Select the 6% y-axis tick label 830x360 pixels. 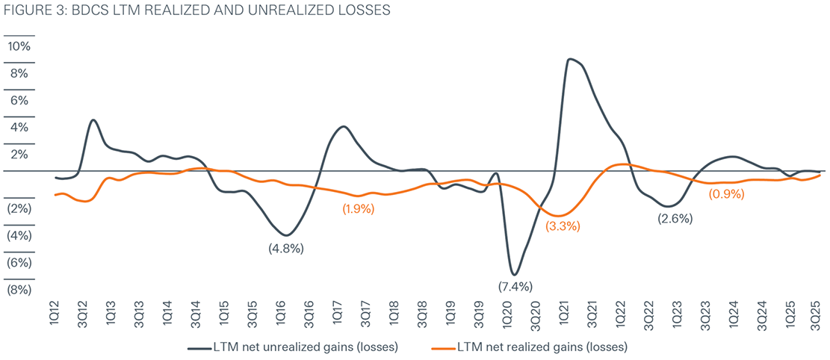coord(20,100)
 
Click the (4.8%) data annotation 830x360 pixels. coord(286,249)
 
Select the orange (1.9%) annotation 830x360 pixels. coord(359,209)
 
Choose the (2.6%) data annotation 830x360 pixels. coord(675,219)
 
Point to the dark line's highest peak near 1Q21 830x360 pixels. coord(571,59)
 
